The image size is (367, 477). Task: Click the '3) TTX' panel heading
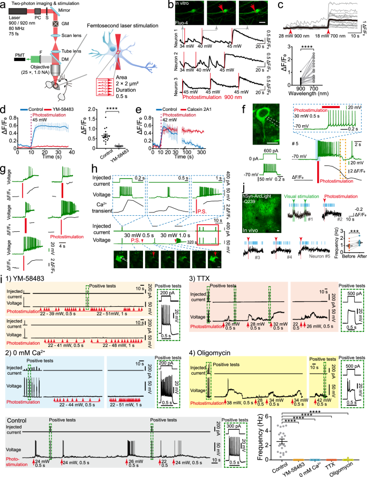pos(200,278)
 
